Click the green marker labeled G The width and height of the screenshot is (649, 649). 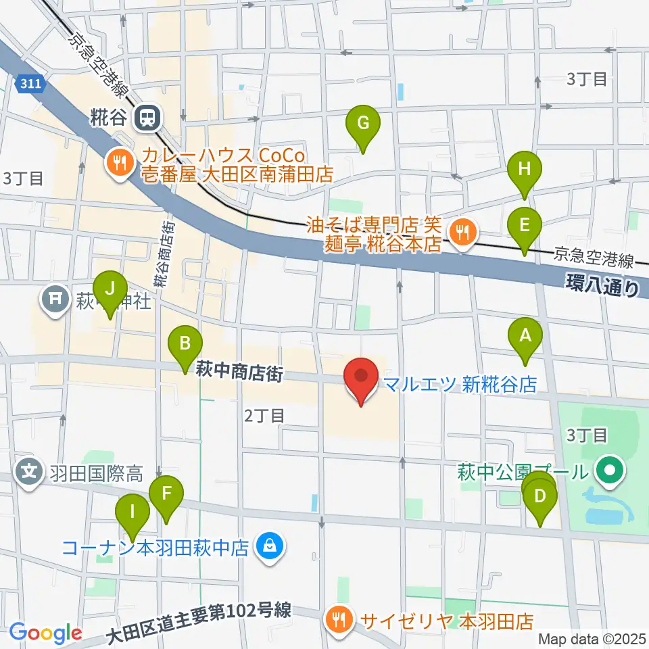click(x=363, y=124)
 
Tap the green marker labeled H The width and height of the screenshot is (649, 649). click(x=525, y=170)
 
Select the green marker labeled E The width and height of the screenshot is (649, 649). click(x=525, y=224)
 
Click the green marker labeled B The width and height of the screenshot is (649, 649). click(x=185, y=343)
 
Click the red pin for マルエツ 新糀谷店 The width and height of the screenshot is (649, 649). click(x=361, y=377)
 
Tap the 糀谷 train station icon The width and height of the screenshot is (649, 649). click(x=145, y=119)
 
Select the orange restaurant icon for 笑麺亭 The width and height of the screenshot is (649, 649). click(x=463, y=233)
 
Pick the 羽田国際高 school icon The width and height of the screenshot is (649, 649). click(x=29, y=468)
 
